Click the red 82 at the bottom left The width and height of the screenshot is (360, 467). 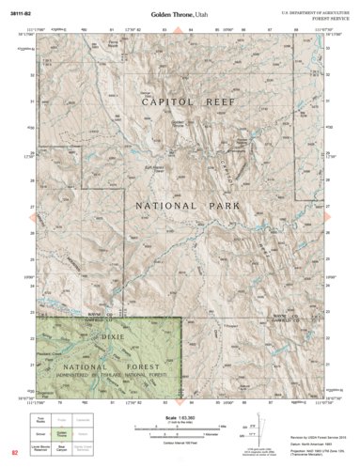click(x=13, y=452)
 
